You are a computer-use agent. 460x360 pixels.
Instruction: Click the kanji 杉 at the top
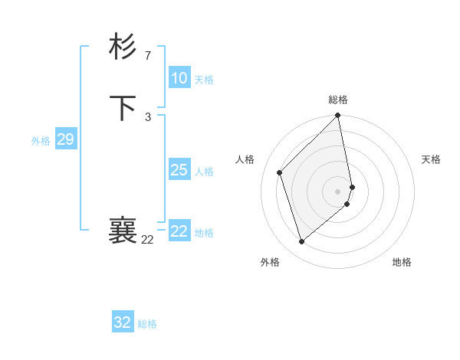tap(123, 47)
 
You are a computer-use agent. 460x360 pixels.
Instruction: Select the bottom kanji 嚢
tap(123, 231)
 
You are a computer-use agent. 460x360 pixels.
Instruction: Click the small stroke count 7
tap(148, 55)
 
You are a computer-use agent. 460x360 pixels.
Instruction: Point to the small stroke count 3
tap(148, 116)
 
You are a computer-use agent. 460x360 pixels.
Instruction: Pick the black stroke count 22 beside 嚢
tap(147, 240)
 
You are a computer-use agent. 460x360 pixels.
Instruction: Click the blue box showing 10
tap(179, 78)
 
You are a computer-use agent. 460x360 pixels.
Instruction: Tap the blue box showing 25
tap(179, 170)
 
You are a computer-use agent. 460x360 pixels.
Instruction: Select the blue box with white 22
tap(179, 231)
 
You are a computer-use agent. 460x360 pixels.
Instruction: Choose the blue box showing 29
tap(65, 139)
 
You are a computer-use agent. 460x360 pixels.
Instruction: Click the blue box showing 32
tap(123, 322)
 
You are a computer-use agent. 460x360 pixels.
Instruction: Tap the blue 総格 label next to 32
tap(147, 324)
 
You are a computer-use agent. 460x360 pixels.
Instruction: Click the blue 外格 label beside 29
tap(41, 141)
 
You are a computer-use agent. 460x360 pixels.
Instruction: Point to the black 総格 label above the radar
tap(338, 100)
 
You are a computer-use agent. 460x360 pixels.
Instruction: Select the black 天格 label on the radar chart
tap(431, 159)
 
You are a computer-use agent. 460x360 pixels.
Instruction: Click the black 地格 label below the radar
tap(402, 263)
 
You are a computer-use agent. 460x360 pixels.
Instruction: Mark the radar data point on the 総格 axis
tap(338, 116)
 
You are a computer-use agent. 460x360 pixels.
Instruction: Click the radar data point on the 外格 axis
tap(301, 242)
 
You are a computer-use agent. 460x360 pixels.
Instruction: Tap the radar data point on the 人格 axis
tap(280, 172)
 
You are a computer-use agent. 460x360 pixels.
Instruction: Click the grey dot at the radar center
tap(338, 191)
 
